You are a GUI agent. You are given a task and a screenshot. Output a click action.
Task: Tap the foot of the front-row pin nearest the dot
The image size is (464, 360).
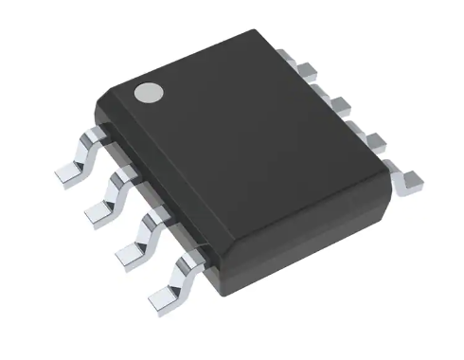(x=66, y=173)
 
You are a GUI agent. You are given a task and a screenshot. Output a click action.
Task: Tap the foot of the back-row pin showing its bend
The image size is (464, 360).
(x=412, y=185)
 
